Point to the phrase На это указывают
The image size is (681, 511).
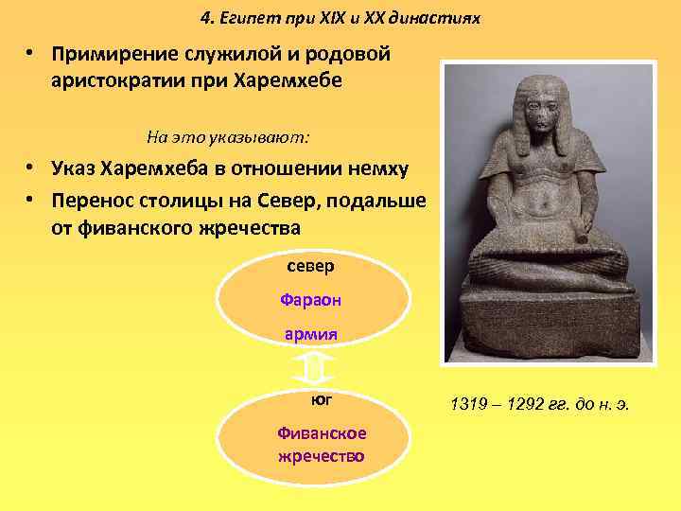(x=228, y=136)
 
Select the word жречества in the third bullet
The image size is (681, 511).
(x=245, y=227)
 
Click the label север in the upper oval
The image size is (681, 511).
(x=311, y=266)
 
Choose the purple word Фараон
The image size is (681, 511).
(x=311, y=300)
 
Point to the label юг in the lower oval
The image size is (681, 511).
(x=321, y=401)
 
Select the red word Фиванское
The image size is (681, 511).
(x=322, y=434)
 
